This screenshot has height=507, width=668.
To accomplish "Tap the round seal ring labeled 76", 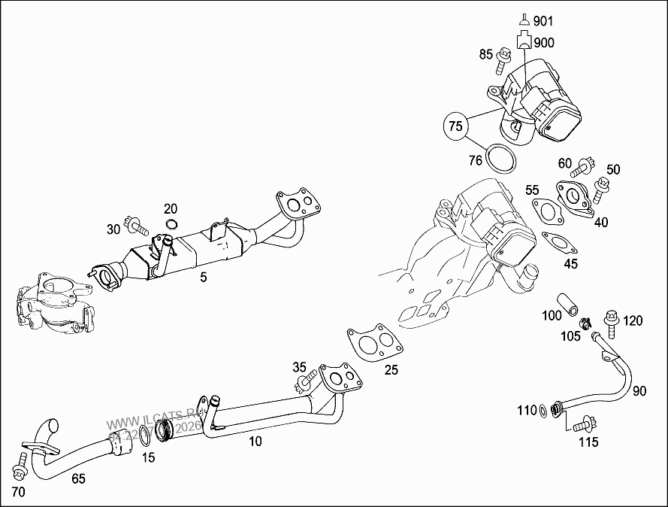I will [x=499, y=159].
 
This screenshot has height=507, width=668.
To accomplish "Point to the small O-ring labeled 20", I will [x=171, y=224].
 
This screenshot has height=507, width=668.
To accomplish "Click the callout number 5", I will [x=203, y=278].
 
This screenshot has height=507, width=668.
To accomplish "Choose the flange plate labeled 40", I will [x=576, y=196].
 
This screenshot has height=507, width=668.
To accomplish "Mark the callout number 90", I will [x=639, y=391].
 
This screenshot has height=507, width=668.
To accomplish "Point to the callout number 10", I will [x=255, y=442].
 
